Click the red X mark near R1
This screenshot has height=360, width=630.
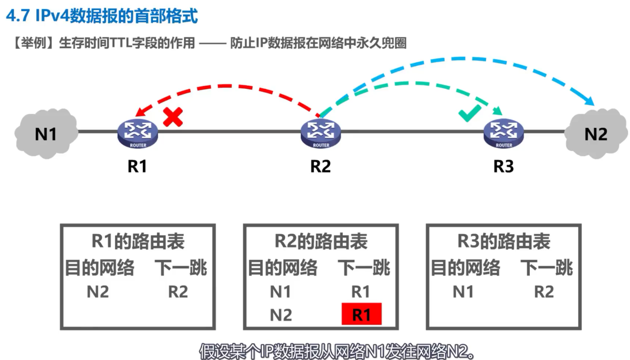(173, 117)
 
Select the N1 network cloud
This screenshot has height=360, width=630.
(46, 133)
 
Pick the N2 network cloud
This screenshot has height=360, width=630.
(595, 134)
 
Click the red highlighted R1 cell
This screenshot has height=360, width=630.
(361, 314)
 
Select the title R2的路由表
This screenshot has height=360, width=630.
(321, 242)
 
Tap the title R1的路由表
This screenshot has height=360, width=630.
(138, 242)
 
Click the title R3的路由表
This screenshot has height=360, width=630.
(504, 242)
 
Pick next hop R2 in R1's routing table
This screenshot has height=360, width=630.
(178, 292)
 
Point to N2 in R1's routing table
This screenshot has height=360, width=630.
(98, 292)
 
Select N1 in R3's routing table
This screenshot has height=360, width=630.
(463, 292)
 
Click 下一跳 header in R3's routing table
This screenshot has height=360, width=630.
(546, 268)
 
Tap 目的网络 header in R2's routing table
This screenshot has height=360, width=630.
(283, 268)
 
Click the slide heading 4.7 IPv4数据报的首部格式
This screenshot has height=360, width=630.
(102, 16)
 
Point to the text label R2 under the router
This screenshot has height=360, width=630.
(320, 166)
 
